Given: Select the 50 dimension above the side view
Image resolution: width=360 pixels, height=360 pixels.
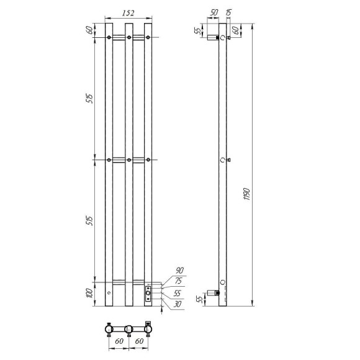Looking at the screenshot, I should (x=214, y=11).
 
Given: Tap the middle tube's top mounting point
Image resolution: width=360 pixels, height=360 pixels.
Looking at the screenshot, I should (x=128, y=38).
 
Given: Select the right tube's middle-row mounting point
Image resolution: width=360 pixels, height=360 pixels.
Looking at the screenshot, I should (x=148, y=160).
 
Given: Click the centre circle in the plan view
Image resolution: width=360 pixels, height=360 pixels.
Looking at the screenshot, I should (x=128, y=329).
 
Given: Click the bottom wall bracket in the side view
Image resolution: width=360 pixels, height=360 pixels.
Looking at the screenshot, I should (x=217, y=290).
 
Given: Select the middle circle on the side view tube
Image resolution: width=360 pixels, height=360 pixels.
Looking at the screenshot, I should (x=223, y=160).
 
